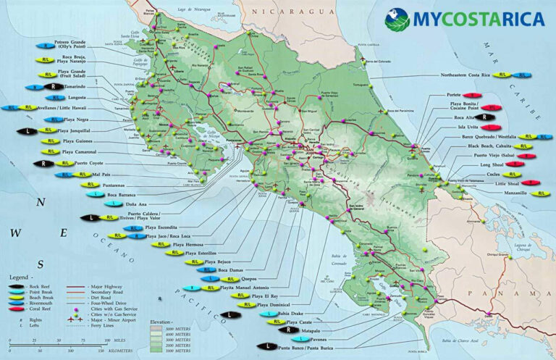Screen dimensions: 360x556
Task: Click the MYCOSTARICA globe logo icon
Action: pos(397,17)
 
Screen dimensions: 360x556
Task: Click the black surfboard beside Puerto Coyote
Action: pos(44,164)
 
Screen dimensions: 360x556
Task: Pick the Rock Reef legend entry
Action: pos(34,286)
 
